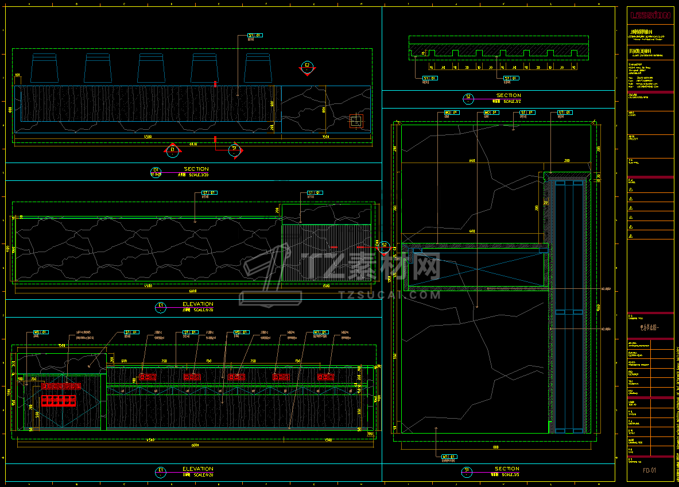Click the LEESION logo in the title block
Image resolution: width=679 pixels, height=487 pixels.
pyautogui.click(x=650, y=16)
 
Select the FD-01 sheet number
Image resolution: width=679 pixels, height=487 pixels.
pyautogui.click(x=649, y=470)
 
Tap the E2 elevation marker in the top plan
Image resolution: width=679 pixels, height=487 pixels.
pyautogui.click(x=307, y=67)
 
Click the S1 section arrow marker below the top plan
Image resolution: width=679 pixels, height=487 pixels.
pyautogui.click(x=234, y=149)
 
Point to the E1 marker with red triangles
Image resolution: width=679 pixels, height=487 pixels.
pyautogui.click(x=172, y=151)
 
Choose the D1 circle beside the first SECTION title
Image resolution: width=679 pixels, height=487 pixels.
pyautogui.click(x=156, y=171)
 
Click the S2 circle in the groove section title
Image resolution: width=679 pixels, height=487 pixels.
pyautogui.click(x=468, y=98)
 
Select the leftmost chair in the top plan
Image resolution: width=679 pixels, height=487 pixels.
pyautogui.click(x=44, y=68)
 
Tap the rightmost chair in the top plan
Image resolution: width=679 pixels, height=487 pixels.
pyautogui.click(x=258, y=68)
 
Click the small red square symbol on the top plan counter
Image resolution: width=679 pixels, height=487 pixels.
pyautogui.click(x=356, y=120)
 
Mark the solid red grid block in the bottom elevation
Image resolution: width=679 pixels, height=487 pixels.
pyautogui.click(x=58, y=400)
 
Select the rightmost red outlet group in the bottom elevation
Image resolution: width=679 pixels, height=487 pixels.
pyautogui.click(x=325, y=377)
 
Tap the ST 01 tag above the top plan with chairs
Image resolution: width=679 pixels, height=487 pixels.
pyautogui.click(x=254, y=35)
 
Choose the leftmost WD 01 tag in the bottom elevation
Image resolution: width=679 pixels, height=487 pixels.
pyautogui.click(x=40, y=332)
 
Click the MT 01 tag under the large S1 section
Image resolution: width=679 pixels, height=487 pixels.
pyautogui.click(x=448, y=457)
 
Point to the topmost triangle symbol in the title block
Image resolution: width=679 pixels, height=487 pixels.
pyautogui.click(x=631, y=189)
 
